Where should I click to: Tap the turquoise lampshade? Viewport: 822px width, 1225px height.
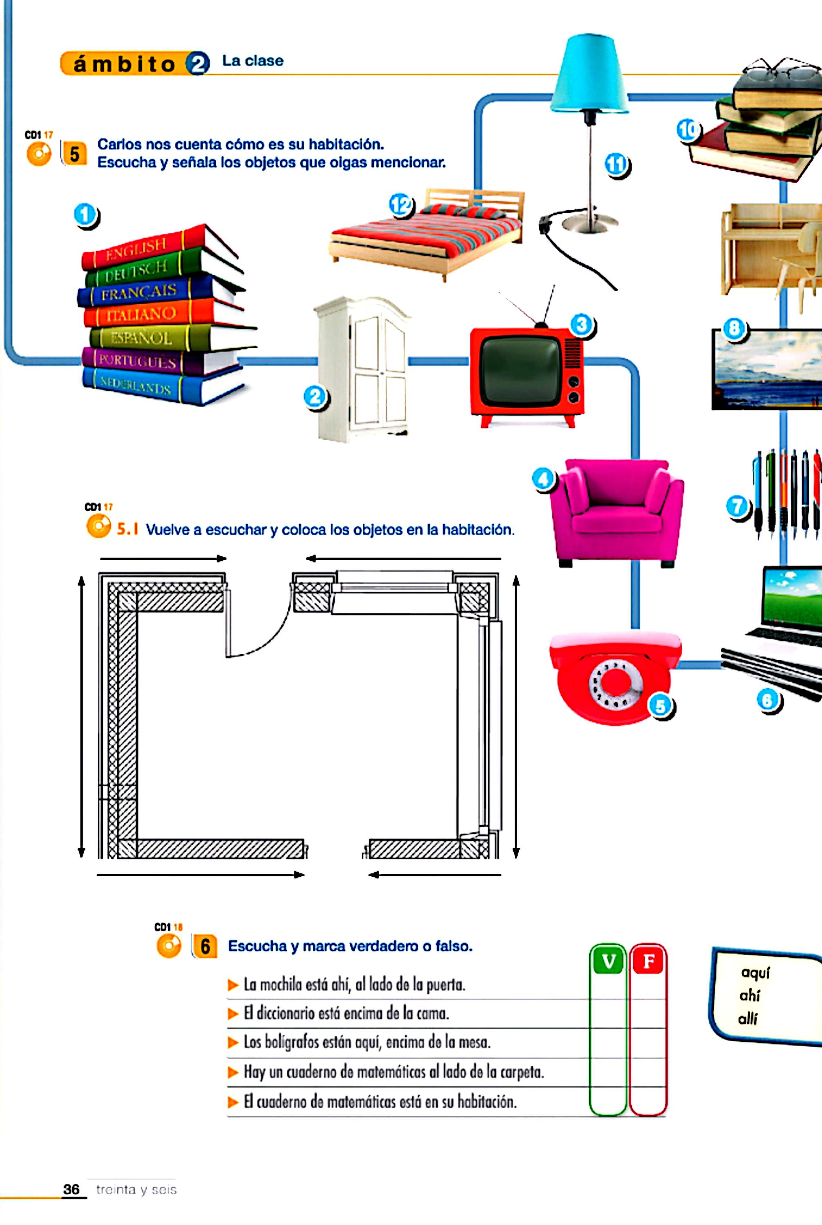click(590, 73)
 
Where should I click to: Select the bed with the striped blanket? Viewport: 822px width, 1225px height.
click(426, 234)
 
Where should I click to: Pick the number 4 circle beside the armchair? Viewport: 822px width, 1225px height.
click(544, 479)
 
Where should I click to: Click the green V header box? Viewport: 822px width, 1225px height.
click(609, 961)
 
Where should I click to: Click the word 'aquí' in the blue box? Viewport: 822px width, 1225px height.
click(755, 973)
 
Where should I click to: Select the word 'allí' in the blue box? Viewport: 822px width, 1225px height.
click(748, 1018)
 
